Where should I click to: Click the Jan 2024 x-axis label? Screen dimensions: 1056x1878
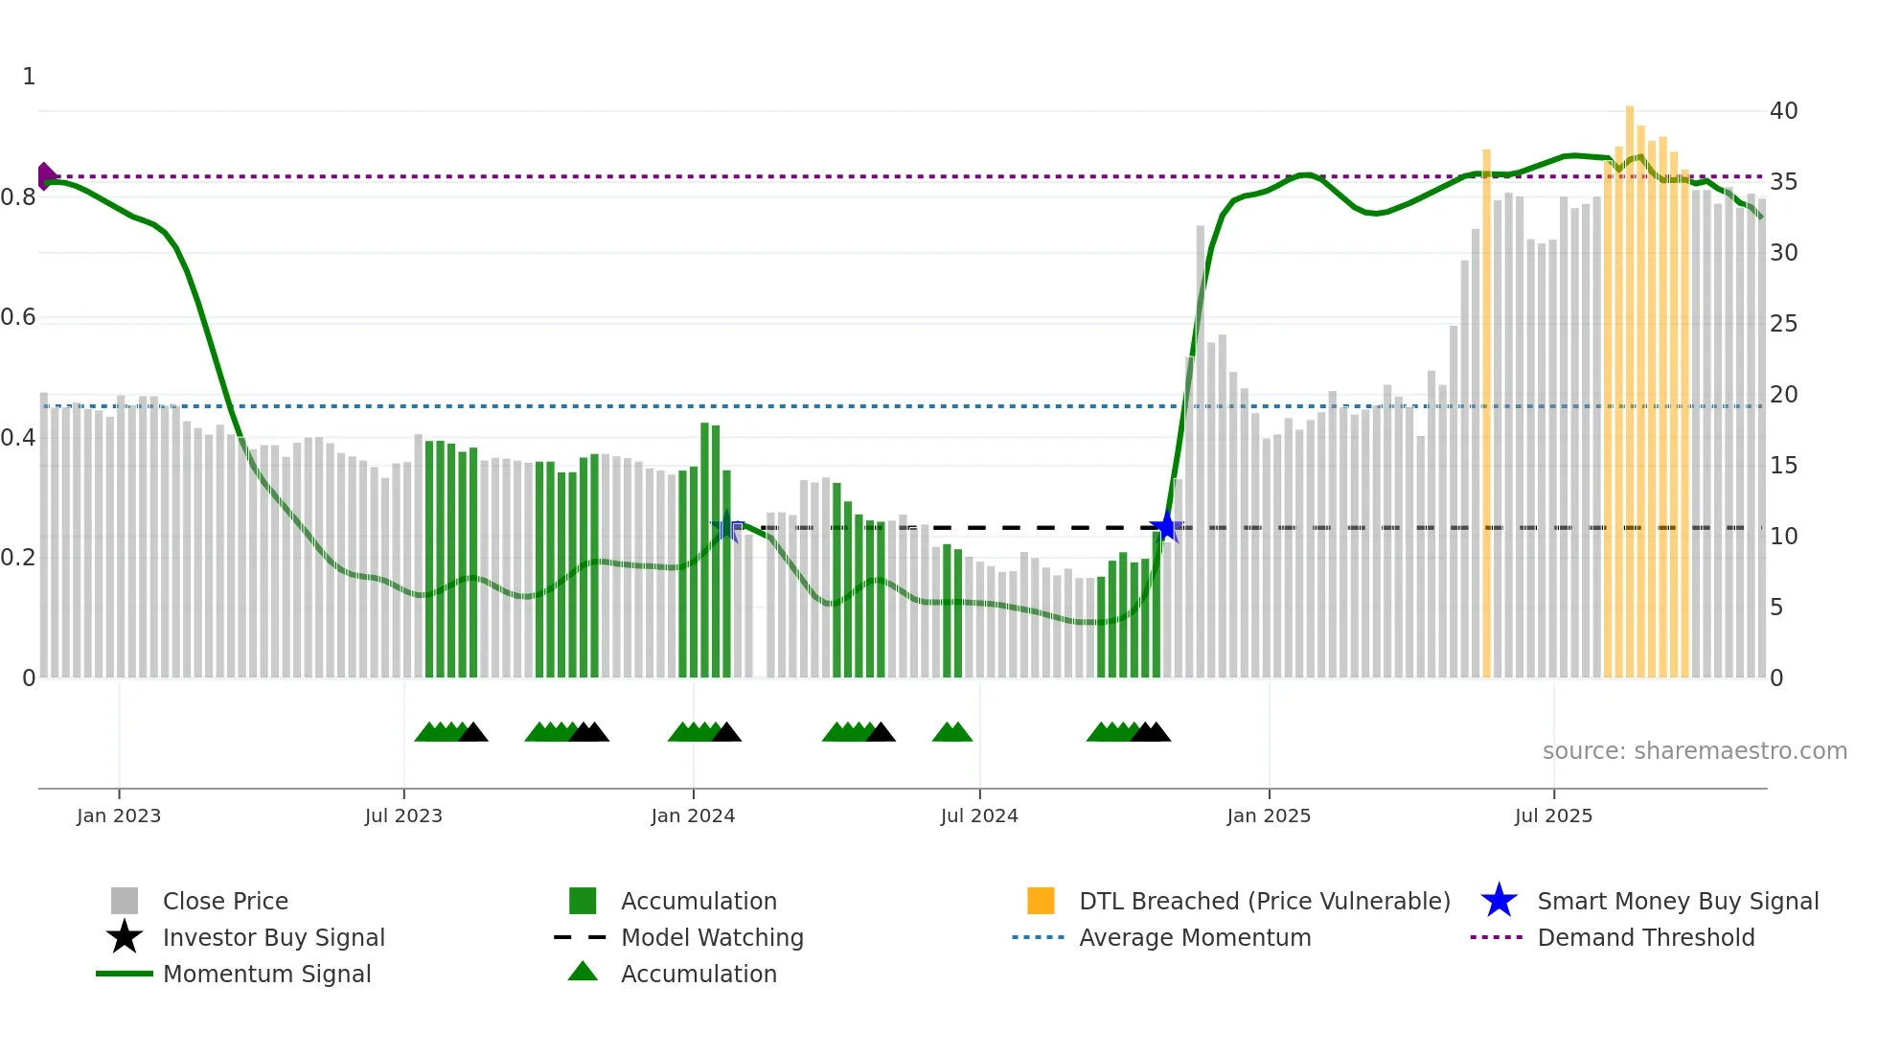click(693, 815)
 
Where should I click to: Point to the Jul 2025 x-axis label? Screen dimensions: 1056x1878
click(1553, 815)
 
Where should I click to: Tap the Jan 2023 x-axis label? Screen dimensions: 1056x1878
click(119, 815)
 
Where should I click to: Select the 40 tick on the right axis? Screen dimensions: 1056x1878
click(1783, 111)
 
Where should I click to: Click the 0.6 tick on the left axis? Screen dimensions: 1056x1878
click(18, 317)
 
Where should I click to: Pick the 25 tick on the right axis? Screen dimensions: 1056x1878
click(1783, 324)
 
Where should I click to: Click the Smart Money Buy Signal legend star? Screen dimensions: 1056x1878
click(1499, 901)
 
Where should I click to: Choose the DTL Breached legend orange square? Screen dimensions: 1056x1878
click(1041, 901)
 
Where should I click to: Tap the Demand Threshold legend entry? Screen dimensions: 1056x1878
click(1645, 937)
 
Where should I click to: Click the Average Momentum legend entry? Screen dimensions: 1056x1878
click(1194, 937)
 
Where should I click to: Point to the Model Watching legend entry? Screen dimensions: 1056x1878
click(711, 937)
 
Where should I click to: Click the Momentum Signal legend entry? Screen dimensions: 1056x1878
click(266, 974)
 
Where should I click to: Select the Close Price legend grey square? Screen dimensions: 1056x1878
click(125, 901)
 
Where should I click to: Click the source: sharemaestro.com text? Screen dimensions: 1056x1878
click(1694, 751)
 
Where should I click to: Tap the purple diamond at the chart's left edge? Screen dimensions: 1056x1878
click(45, 176)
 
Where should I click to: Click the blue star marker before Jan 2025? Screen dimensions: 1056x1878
click(1165, 526)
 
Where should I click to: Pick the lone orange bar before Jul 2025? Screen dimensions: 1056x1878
click(1486, 412)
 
